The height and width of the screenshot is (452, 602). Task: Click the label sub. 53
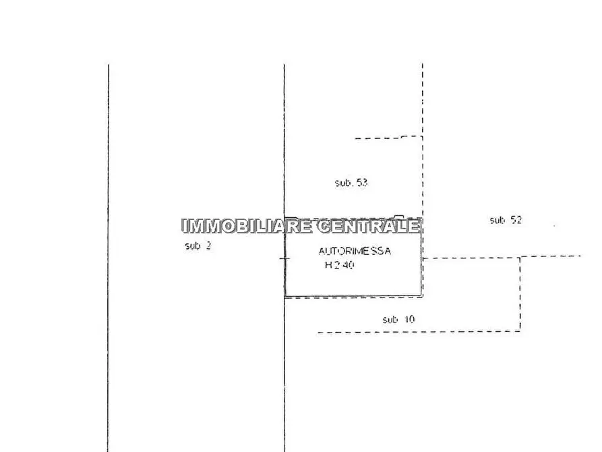click(351, 183)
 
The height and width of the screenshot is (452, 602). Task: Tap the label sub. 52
click(506, 220)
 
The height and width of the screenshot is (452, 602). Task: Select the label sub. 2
click(198, 246)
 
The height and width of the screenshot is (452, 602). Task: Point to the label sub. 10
click(398, 319)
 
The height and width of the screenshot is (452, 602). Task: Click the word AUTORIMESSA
click(355, 252)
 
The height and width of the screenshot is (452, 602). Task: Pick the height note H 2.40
click(339, 265)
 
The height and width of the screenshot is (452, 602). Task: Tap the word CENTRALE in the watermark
click(369, 226)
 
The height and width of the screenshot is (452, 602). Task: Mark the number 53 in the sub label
click(361, 183)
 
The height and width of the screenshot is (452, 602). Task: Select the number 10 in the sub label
click(409, 319)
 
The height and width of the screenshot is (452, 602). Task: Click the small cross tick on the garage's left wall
click(284, 258)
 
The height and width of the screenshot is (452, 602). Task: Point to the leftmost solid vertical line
click(109, 258)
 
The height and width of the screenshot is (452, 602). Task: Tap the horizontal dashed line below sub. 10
click(419, 332)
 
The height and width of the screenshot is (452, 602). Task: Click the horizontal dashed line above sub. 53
click(388, 137)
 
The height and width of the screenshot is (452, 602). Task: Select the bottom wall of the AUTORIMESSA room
click(353, 296)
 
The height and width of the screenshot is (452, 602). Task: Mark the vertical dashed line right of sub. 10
click(520, 294)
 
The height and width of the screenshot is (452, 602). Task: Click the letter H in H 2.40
click(328, 265)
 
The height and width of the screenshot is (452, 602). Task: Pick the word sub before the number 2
click(193, 246)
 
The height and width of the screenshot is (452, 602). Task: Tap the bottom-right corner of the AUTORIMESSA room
click(421, 296)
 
